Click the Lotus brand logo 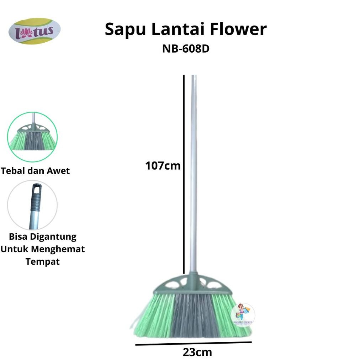coord(35,31)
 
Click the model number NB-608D coord(186,48)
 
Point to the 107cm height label coord(163,166)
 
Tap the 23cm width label coord(197,353)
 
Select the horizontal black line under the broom coord(194,344)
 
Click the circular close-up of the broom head coord(32,137)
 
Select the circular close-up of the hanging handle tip coord(32,205)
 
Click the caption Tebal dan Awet coord(35,171)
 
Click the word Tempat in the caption coord(42,262)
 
